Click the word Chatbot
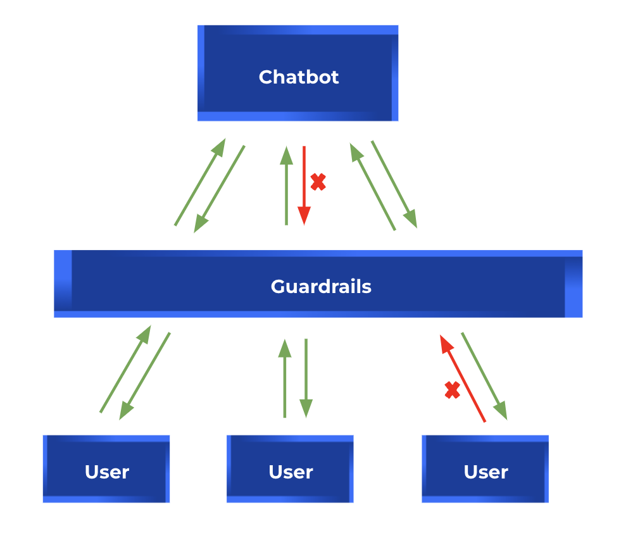click(299, 77)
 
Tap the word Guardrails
click(321, 287)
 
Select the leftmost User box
click(106, 468)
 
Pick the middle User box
click(290, 468)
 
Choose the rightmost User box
click(486, 468)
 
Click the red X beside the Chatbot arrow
click(318, 182)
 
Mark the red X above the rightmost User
click(452, 391)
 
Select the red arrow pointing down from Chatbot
click(304, 185)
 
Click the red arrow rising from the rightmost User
click(463, 378)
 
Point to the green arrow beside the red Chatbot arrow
click(286, 185)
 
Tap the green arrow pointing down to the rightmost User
click(484, 376)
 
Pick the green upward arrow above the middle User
click(285, 378)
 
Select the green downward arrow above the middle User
click(306, 378)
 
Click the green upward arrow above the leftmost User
click(125, 369)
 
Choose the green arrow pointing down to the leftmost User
click(144, 376)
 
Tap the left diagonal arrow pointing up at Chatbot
click(200, 182)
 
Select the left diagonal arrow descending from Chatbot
click(219, 189)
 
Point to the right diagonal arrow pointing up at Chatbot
click(373, 187)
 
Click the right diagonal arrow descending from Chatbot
click(394, 184)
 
